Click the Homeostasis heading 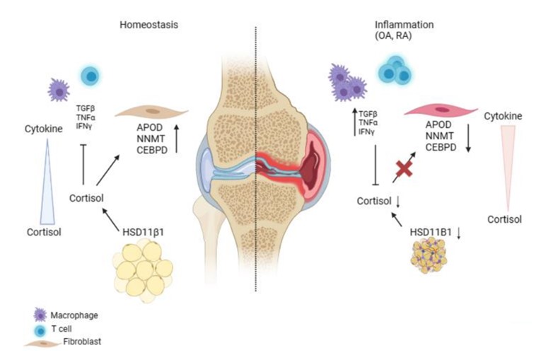tap(148, 25)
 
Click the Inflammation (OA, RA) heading tap(404, 30)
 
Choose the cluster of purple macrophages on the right tap(347, 82)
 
